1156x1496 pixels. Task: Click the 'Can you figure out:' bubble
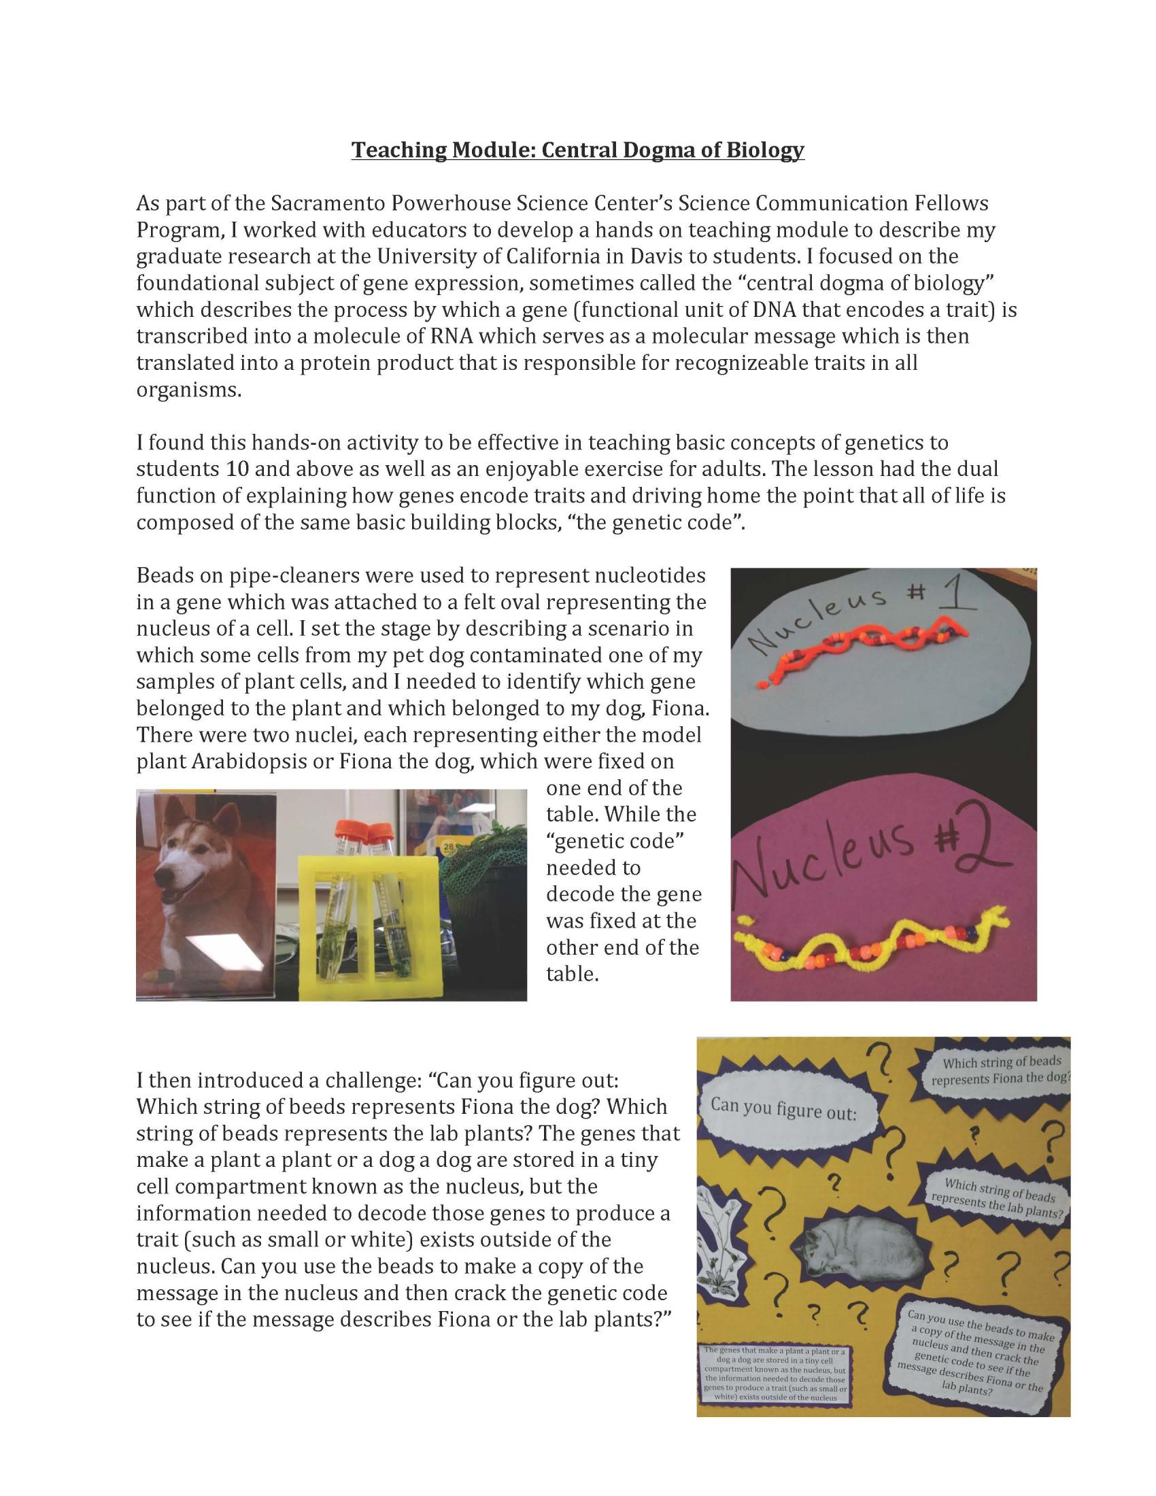[x=783, y=1108]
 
